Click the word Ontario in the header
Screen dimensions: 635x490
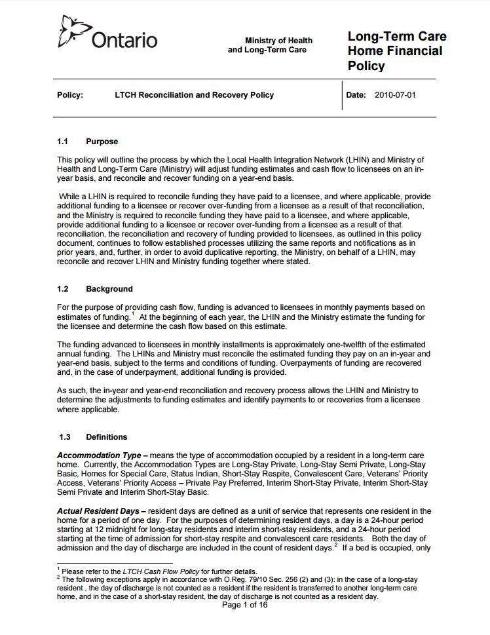pyautogui.click(x=124, y=40)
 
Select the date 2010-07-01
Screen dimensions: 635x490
pyautogui.click(x=395, y=95)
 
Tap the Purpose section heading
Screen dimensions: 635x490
pyautogui.click(x=102, y=142)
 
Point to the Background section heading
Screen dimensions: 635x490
pyautogui.click(x=109, y=289)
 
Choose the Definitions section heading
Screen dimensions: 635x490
pyautogui.click(x=107, y=437)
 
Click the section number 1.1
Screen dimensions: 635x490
pyautogui.click(x=64, y=142)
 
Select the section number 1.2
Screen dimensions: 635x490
pyautogui.click(x=64, y=289)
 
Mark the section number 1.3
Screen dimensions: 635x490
pyautogui.click(x=64, y=437)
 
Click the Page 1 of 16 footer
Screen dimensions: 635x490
pyautogui.click(x=245, y=605)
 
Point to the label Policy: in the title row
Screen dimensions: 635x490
pyautogui.click(x=70, y=95)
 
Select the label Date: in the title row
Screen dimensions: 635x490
pyautogui.click(x=356, y=95)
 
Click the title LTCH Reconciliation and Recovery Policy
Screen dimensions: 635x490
pyautogui.click(x=194, y=95)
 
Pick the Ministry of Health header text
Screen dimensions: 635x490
pyautogui.click(x=278, y=41)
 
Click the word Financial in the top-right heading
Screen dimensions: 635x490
pyautogui.click(x=412, y=51)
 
